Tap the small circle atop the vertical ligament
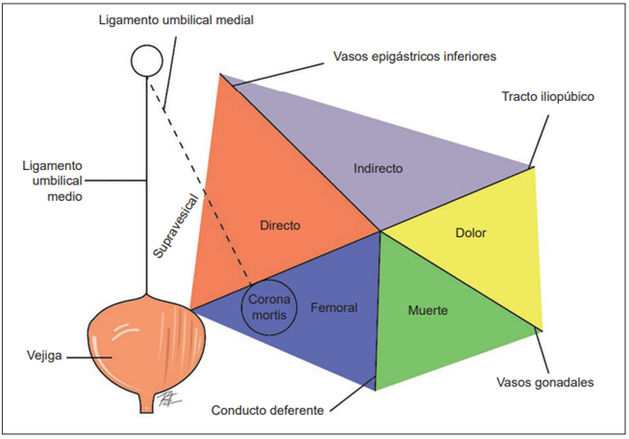[148, 61]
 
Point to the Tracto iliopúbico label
[547, 97]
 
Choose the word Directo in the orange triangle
[280, 224]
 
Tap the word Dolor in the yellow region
[470, 233]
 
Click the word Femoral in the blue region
[334, 308]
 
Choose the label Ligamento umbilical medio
[50, 181]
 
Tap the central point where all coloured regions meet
[379, 231]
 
